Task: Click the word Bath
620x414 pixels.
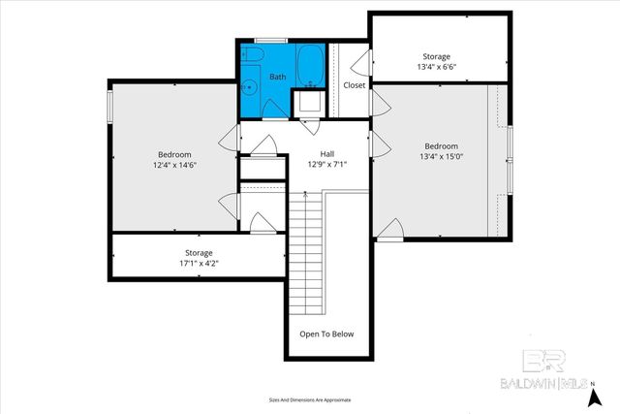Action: pyautogui.click(x=277, y=77)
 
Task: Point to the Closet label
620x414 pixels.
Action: pyautogui.click(x=355, y=85)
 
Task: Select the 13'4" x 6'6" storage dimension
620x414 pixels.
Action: pyautogui.click(x=436, y=68)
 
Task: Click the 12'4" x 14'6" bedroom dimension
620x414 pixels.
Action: pyautogui.click(x=174, y=166)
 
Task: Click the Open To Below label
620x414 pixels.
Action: pyautogui.click(x=326, y=334)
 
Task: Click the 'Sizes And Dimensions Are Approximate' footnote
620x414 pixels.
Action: pyautogui.click(x=309, y=399)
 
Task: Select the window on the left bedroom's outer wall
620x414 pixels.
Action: pyautogui.click(x=109, y=107)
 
